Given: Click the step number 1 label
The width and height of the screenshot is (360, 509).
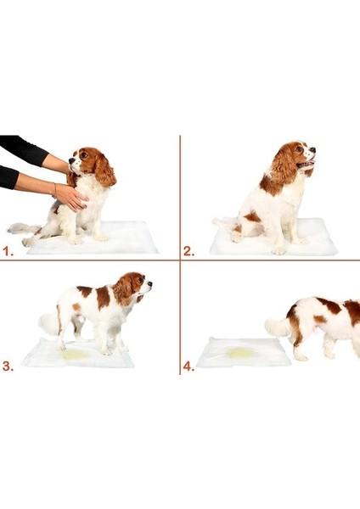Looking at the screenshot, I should pyautogui.click(x=8, y=251).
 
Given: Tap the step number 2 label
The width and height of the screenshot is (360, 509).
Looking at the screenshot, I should pyautogui.click(x=188, y=251).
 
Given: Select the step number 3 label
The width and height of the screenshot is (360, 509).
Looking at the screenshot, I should pyautogui.click(x=8, y=366).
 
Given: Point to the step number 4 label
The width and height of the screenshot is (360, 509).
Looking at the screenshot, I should pyautogui.click(x=188, y=366).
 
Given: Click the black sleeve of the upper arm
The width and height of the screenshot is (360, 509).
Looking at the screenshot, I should pyautogui.click(x=21, y=149).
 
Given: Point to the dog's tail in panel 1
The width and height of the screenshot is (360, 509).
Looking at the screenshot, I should pyautogui.click(x=19, y=227).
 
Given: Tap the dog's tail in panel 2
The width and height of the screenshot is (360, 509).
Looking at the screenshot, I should pyautogui.click(x=224, y=222).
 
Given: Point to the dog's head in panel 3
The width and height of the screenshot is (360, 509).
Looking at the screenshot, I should pyautogui.click(x=133, y=287).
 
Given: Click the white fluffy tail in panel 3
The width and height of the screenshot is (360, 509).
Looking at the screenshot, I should pyautogui.click(x=48, y=323).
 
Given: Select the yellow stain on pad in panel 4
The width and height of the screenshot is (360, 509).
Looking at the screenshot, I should pyautogui.click(x=241, y=352).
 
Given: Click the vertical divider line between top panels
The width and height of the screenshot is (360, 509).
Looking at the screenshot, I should pyautogui.click(x=180, y=195).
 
